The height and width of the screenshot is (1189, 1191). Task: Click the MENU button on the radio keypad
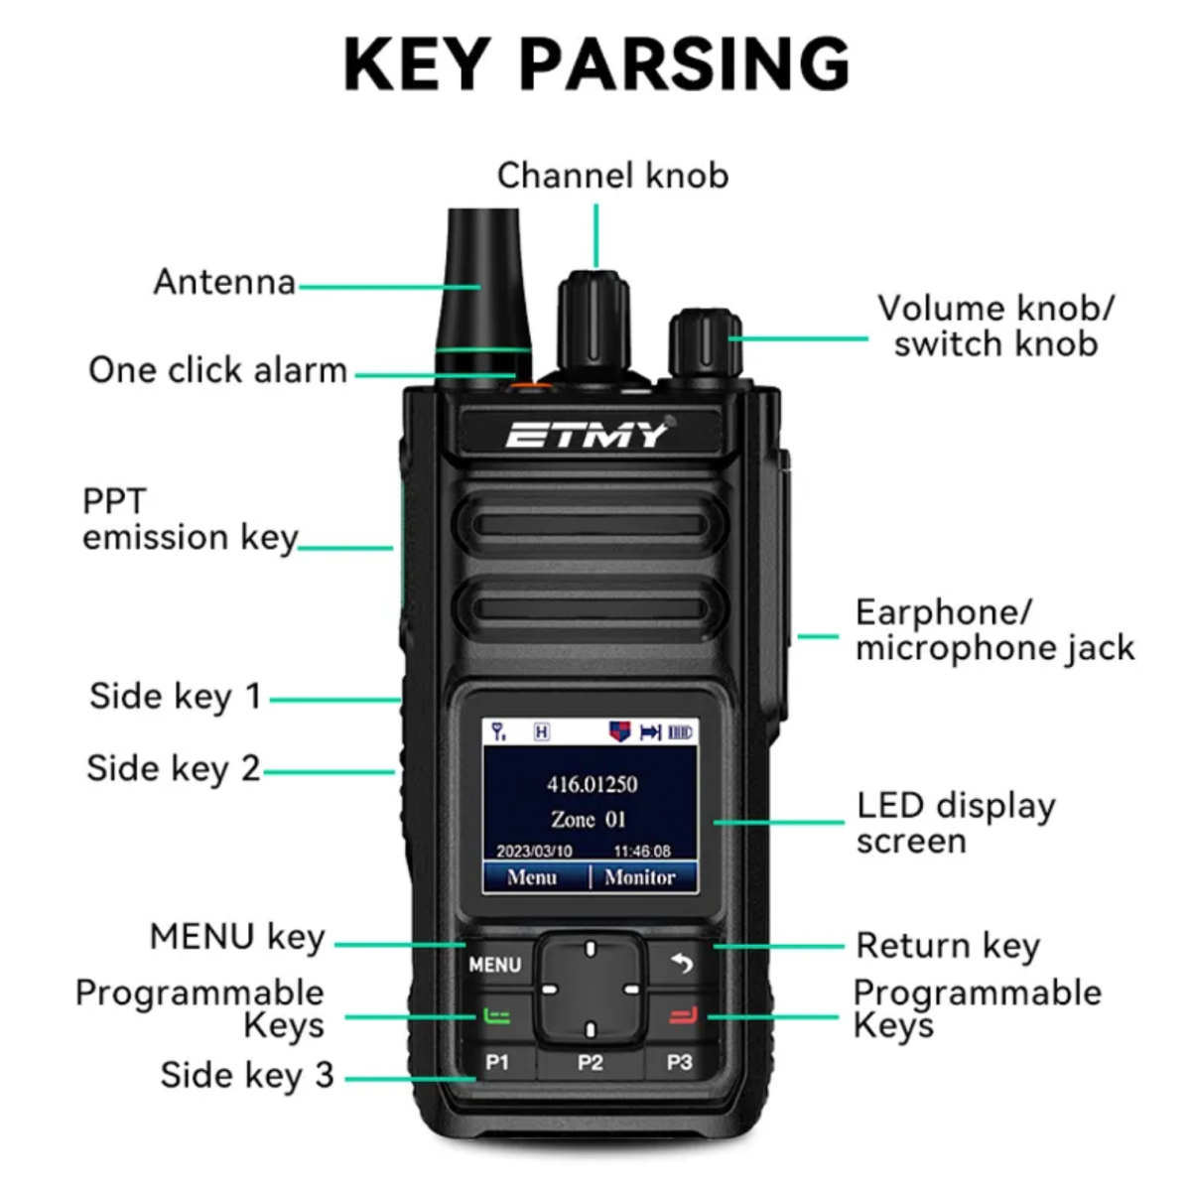click(x=494, y=965)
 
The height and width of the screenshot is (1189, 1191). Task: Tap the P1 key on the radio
click(x=497, y=1062)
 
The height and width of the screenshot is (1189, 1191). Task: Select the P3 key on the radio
click(x=679, y=1062)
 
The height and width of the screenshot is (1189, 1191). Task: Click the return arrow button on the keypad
click(x=682, y=964)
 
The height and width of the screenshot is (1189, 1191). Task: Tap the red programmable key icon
click(x=684, y=1015)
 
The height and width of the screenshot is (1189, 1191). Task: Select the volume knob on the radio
click(x=705, y=346)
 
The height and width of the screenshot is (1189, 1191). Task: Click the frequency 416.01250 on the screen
click(x=592, y=785)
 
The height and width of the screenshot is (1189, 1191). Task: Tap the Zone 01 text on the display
click(x=589, y=819)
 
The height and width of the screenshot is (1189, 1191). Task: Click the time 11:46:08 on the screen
click(x=642, y=852)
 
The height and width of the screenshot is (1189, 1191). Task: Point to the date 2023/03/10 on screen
click(x=535, y=852)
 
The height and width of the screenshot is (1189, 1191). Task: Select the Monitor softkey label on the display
click(x=640, y=876)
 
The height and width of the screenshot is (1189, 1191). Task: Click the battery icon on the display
click(x=680, y=732)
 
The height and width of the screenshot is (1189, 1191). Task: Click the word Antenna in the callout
click(x=225, y=282)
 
